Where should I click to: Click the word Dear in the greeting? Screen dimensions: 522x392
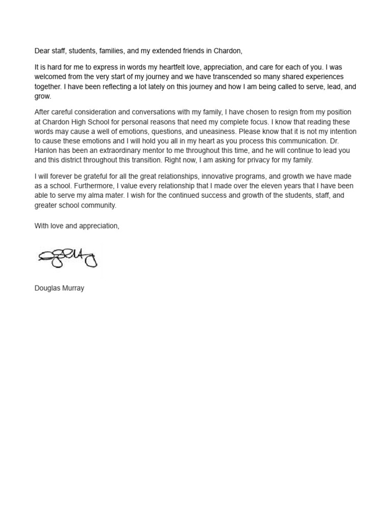pos(42,50)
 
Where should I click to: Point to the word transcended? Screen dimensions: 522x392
pos(216,77)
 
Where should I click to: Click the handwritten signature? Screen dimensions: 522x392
pos(67,257)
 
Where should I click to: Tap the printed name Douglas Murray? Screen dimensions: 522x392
pos(59,288)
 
